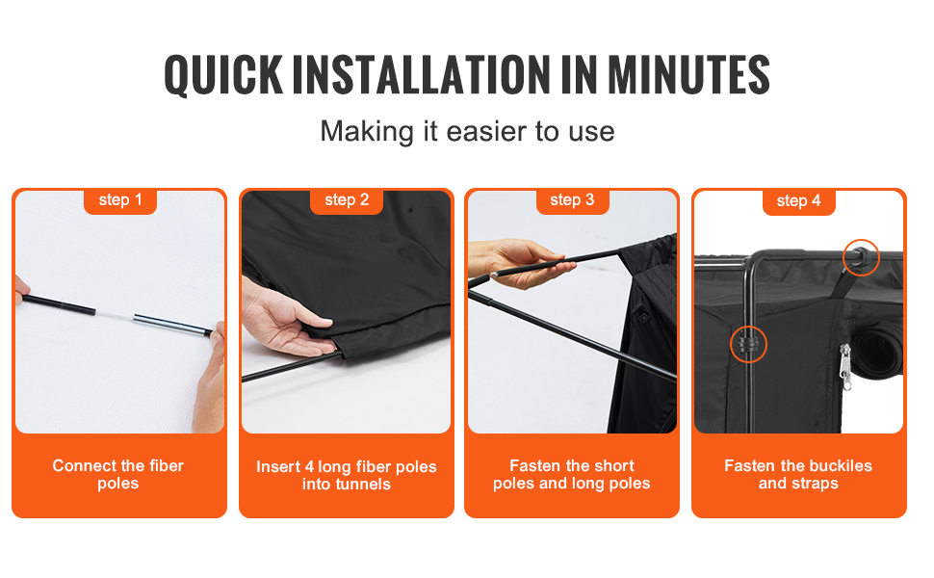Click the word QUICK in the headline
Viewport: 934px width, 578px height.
(x=223, y=75)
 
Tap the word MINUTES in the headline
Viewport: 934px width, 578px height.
(x=688, y=75)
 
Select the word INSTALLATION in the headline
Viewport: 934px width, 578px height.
(x=422, y=75)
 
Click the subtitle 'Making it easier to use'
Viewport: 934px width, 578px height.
(x=467, y=132)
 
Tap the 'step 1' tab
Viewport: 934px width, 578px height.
(x=120, y=200)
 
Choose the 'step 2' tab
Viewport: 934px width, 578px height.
(x=347, y=200)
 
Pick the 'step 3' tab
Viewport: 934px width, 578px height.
(x=572, y=200)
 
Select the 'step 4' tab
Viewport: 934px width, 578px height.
(x=799, y=201)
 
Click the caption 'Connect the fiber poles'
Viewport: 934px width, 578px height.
(x=117, y=474)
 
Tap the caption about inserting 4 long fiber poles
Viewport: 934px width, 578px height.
(x=347, y=475)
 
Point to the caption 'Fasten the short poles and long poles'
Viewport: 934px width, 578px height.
(x=572, y=474)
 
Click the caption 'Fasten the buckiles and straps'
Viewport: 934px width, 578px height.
(x=798, y=474)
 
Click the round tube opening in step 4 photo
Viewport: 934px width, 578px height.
(x=877, y=351)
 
